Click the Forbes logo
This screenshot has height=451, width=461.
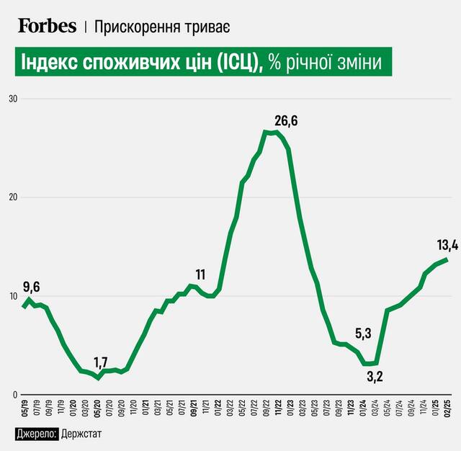click(48, 26)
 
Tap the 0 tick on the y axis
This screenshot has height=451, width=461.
click(12, 395)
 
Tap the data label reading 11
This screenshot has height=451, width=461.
click(200, 274)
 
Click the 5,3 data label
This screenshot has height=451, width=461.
click(364, 333)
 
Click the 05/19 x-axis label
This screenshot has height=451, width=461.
click(25, 408)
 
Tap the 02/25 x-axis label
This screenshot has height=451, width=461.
click(447, 408)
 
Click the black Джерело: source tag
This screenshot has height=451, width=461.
click(37, 434)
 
